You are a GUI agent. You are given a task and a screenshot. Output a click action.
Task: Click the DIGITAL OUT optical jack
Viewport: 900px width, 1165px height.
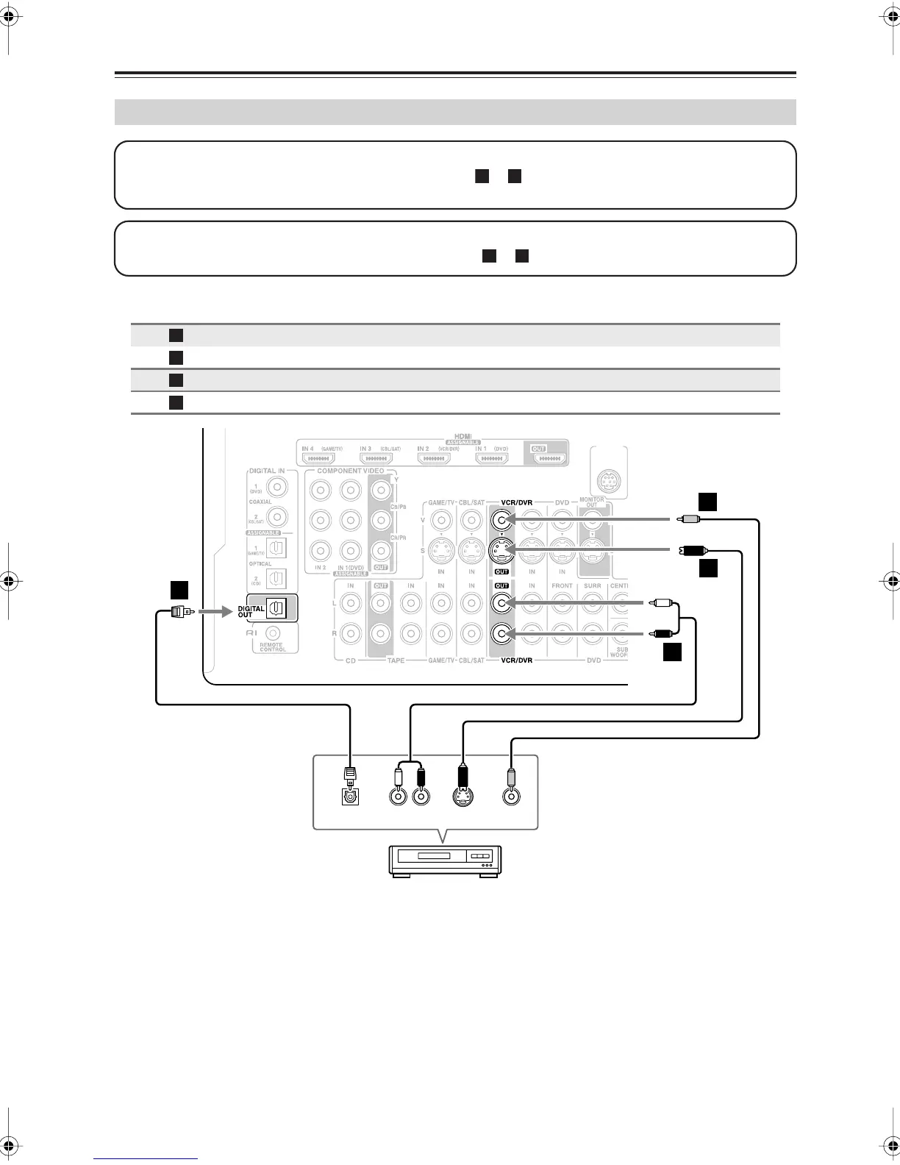tap(276, 608)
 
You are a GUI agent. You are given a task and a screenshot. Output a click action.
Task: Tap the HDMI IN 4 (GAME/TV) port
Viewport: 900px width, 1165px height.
tap(318, 458)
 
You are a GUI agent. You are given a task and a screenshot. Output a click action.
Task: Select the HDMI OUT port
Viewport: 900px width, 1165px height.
tap(549, 458)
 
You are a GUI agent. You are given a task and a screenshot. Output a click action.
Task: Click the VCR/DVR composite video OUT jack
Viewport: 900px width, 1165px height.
tap(501, 521)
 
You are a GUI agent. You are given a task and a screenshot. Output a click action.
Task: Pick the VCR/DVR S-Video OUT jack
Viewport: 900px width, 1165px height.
tap(501, 550)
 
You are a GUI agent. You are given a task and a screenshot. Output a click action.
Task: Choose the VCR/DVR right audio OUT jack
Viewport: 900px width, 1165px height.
tap(501, 633)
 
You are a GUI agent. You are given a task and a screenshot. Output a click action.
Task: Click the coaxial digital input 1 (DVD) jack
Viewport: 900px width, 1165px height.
tap(276, 486)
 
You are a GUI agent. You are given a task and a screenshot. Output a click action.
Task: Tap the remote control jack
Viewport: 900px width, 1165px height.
tap(273, 633)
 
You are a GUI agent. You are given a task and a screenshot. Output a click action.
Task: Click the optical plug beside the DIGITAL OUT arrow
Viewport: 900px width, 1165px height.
tap(180, 611)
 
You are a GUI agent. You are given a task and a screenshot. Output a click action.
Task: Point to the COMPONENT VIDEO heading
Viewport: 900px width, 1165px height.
tap(350, 471)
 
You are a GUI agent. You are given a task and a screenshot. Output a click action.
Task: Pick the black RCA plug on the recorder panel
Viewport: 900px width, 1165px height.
tap(421, 776)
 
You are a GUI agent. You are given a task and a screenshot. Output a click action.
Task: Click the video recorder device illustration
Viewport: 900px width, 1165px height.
tap(444, 860)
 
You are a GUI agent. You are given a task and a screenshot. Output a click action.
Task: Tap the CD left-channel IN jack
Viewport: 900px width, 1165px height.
tap(351, 603)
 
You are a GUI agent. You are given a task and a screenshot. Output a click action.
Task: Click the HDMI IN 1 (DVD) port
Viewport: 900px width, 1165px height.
tap(492, 458)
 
